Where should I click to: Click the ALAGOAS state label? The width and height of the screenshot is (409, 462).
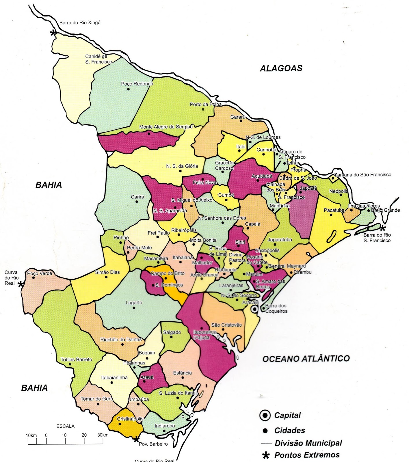(281, 68)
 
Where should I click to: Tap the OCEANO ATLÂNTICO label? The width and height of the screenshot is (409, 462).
(306, 359)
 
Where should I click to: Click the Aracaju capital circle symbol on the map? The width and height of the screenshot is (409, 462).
(254, 309)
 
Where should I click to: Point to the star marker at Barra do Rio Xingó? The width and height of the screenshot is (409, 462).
(53, 33)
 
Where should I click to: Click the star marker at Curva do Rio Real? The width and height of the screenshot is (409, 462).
(21, 284)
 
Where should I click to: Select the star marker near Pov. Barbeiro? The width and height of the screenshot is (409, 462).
(136, 440)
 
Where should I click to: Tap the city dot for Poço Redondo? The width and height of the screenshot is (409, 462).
(129, 89)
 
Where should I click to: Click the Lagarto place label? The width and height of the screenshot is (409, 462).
(134, 303)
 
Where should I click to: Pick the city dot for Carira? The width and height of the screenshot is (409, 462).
(137, 202)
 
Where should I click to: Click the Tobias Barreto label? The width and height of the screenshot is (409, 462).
(76, 359)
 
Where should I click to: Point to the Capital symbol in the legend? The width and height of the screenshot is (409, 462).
(265, 415)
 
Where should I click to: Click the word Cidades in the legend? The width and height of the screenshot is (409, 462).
(289, 431)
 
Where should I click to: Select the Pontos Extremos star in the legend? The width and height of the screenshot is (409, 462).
(265, 455)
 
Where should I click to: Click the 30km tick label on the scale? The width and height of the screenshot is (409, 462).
(103, 435)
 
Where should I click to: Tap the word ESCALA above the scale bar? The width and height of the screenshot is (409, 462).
(65, 426)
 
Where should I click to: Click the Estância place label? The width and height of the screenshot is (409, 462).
(182, 373)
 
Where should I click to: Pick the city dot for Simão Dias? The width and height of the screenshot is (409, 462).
(106, 277)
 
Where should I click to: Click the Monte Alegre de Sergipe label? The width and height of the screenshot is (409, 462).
(166, 127)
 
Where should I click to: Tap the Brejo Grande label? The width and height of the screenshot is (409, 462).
(385, 210)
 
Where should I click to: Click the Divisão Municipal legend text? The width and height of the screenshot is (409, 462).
(308, 443)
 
